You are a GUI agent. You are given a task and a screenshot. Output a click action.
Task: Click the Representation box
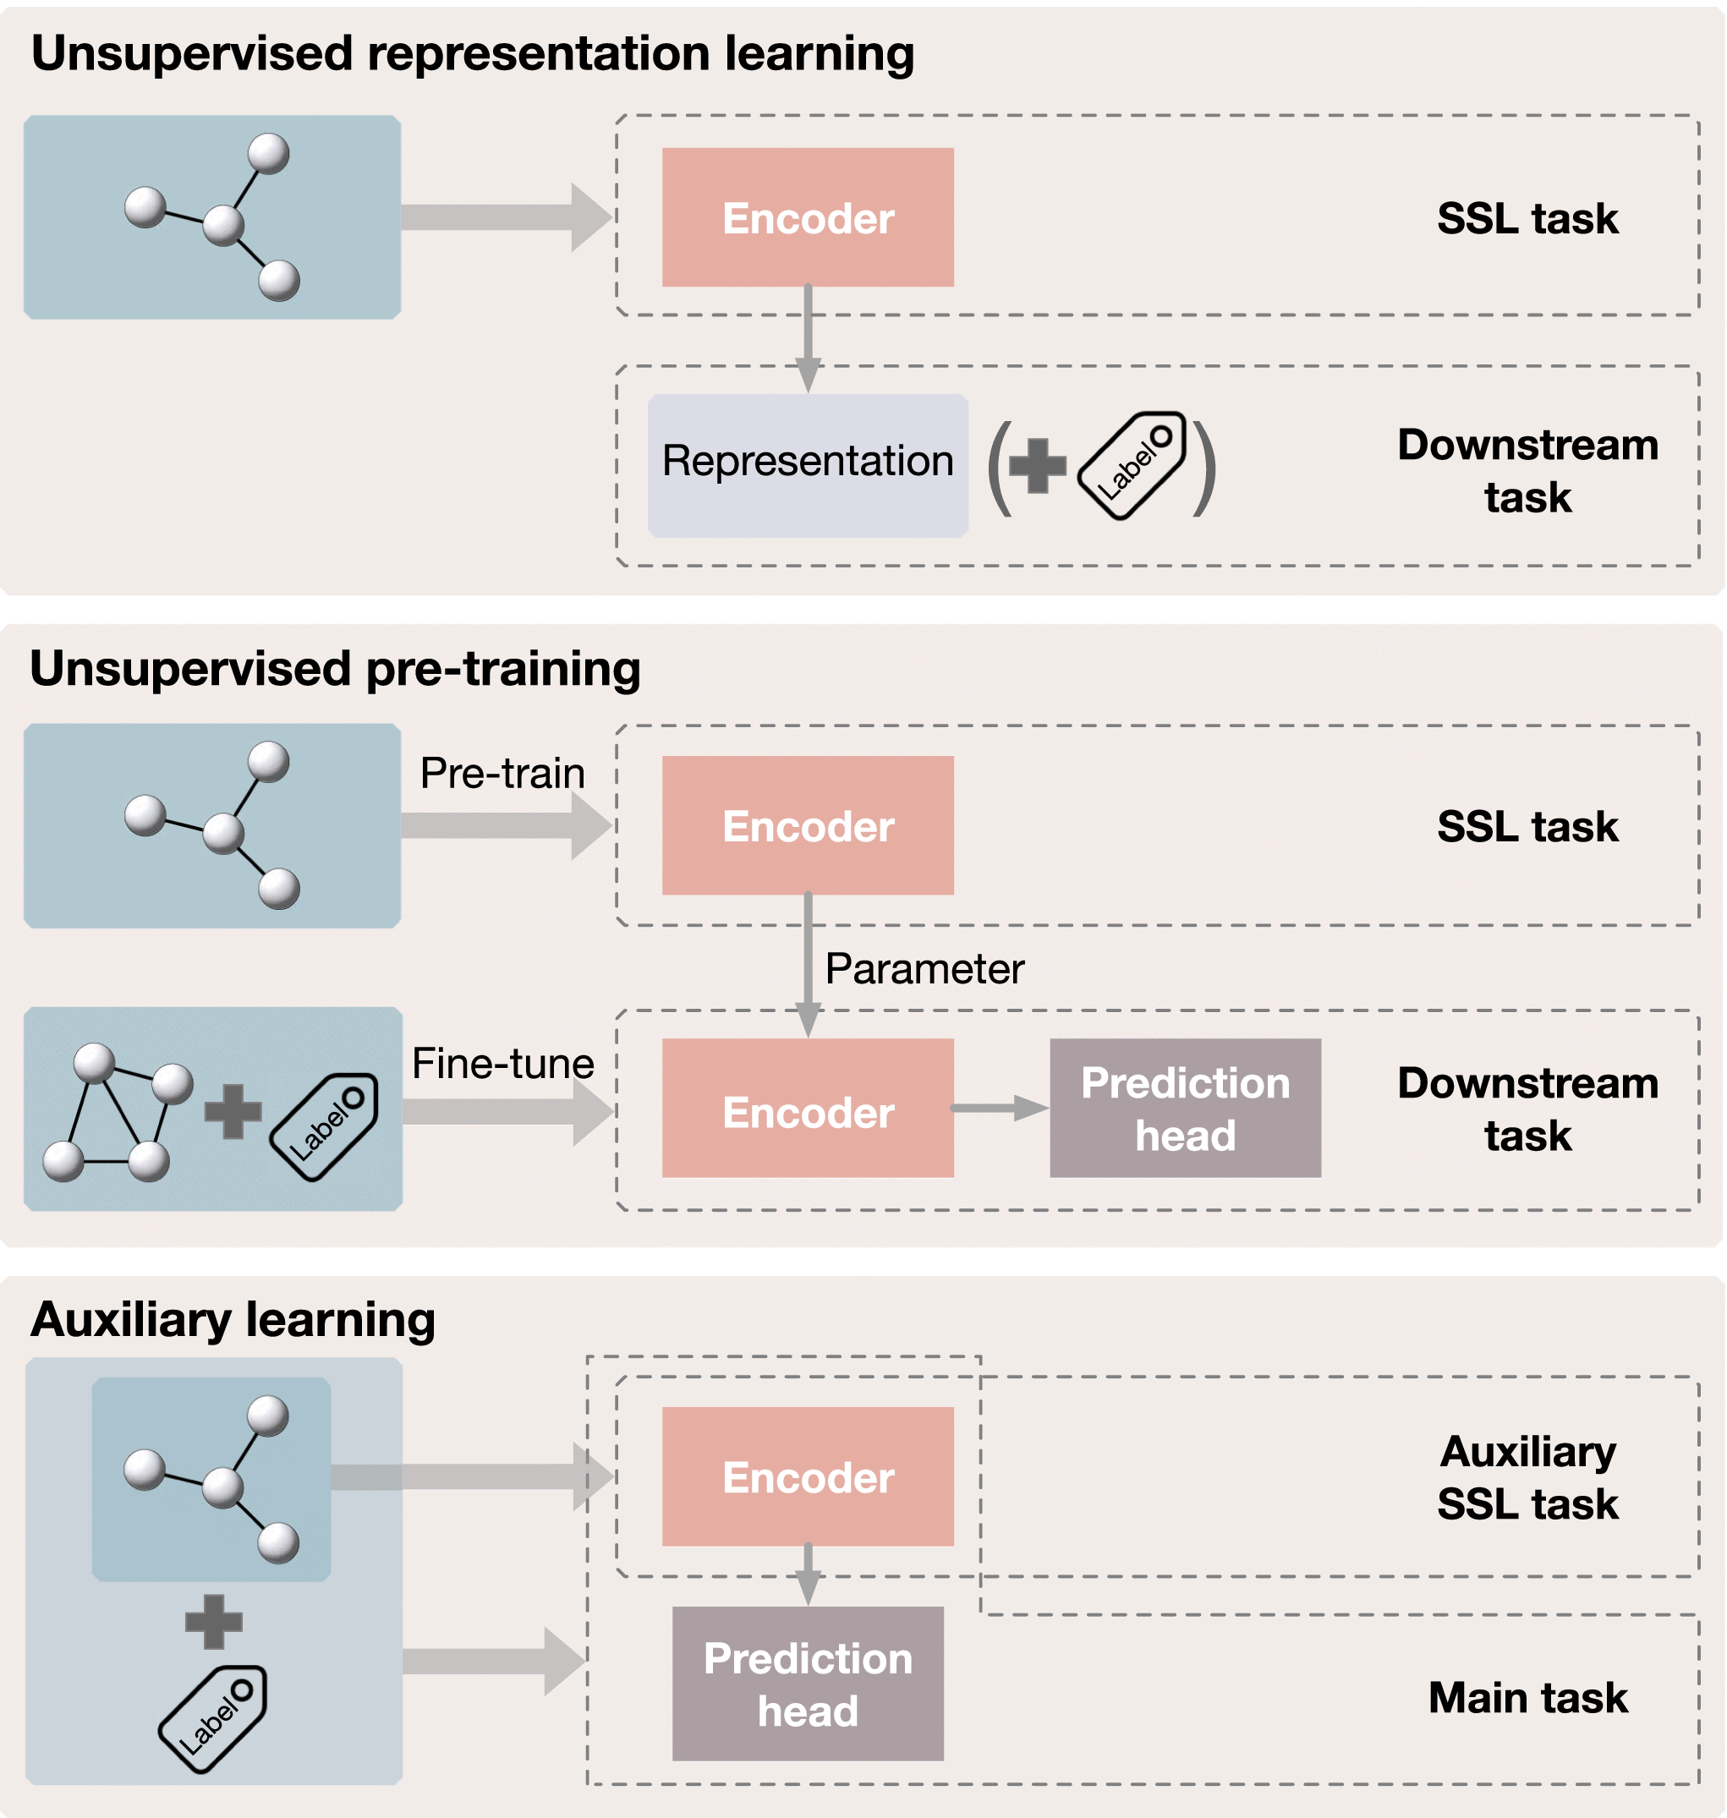(x=808, y=466)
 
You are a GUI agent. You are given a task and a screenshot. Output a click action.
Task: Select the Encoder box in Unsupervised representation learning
(x=808, y=217)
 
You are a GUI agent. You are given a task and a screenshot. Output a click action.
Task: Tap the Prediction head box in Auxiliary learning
(x=808, y=1684)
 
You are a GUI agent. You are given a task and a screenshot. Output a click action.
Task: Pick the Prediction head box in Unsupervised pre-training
(x=1185, y=1109)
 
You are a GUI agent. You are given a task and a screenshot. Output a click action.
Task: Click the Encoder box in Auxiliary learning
(x=808, y=1476)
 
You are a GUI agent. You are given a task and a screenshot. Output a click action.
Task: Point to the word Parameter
(x=924, y=968)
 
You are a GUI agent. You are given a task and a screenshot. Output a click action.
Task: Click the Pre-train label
(x=502, y=773)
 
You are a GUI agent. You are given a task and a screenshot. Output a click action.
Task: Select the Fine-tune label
(x=502, y=1063)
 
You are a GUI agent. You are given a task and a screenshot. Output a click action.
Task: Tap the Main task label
(x=1527, y=1697)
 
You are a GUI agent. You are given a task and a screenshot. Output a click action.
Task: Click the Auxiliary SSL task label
(x=1527, y=1477)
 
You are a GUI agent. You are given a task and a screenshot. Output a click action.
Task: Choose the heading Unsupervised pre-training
(x=335, y=669)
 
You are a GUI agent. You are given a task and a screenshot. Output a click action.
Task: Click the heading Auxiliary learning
(x=233, y=1320)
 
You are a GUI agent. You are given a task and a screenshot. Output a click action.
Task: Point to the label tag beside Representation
(x=1132, y=466)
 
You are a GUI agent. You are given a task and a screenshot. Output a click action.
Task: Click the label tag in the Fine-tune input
(x=323, y=1126)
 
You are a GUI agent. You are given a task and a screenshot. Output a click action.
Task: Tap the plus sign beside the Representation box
(x=1038, y=466)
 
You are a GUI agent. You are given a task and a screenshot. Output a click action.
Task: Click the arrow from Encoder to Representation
(x=808, y=339)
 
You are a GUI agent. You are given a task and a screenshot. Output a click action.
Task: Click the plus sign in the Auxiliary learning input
(x=214, y=1622)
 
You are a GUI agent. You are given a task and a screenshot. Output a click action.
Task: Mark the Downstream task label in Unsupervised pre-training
(x=1527, y=1109)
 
